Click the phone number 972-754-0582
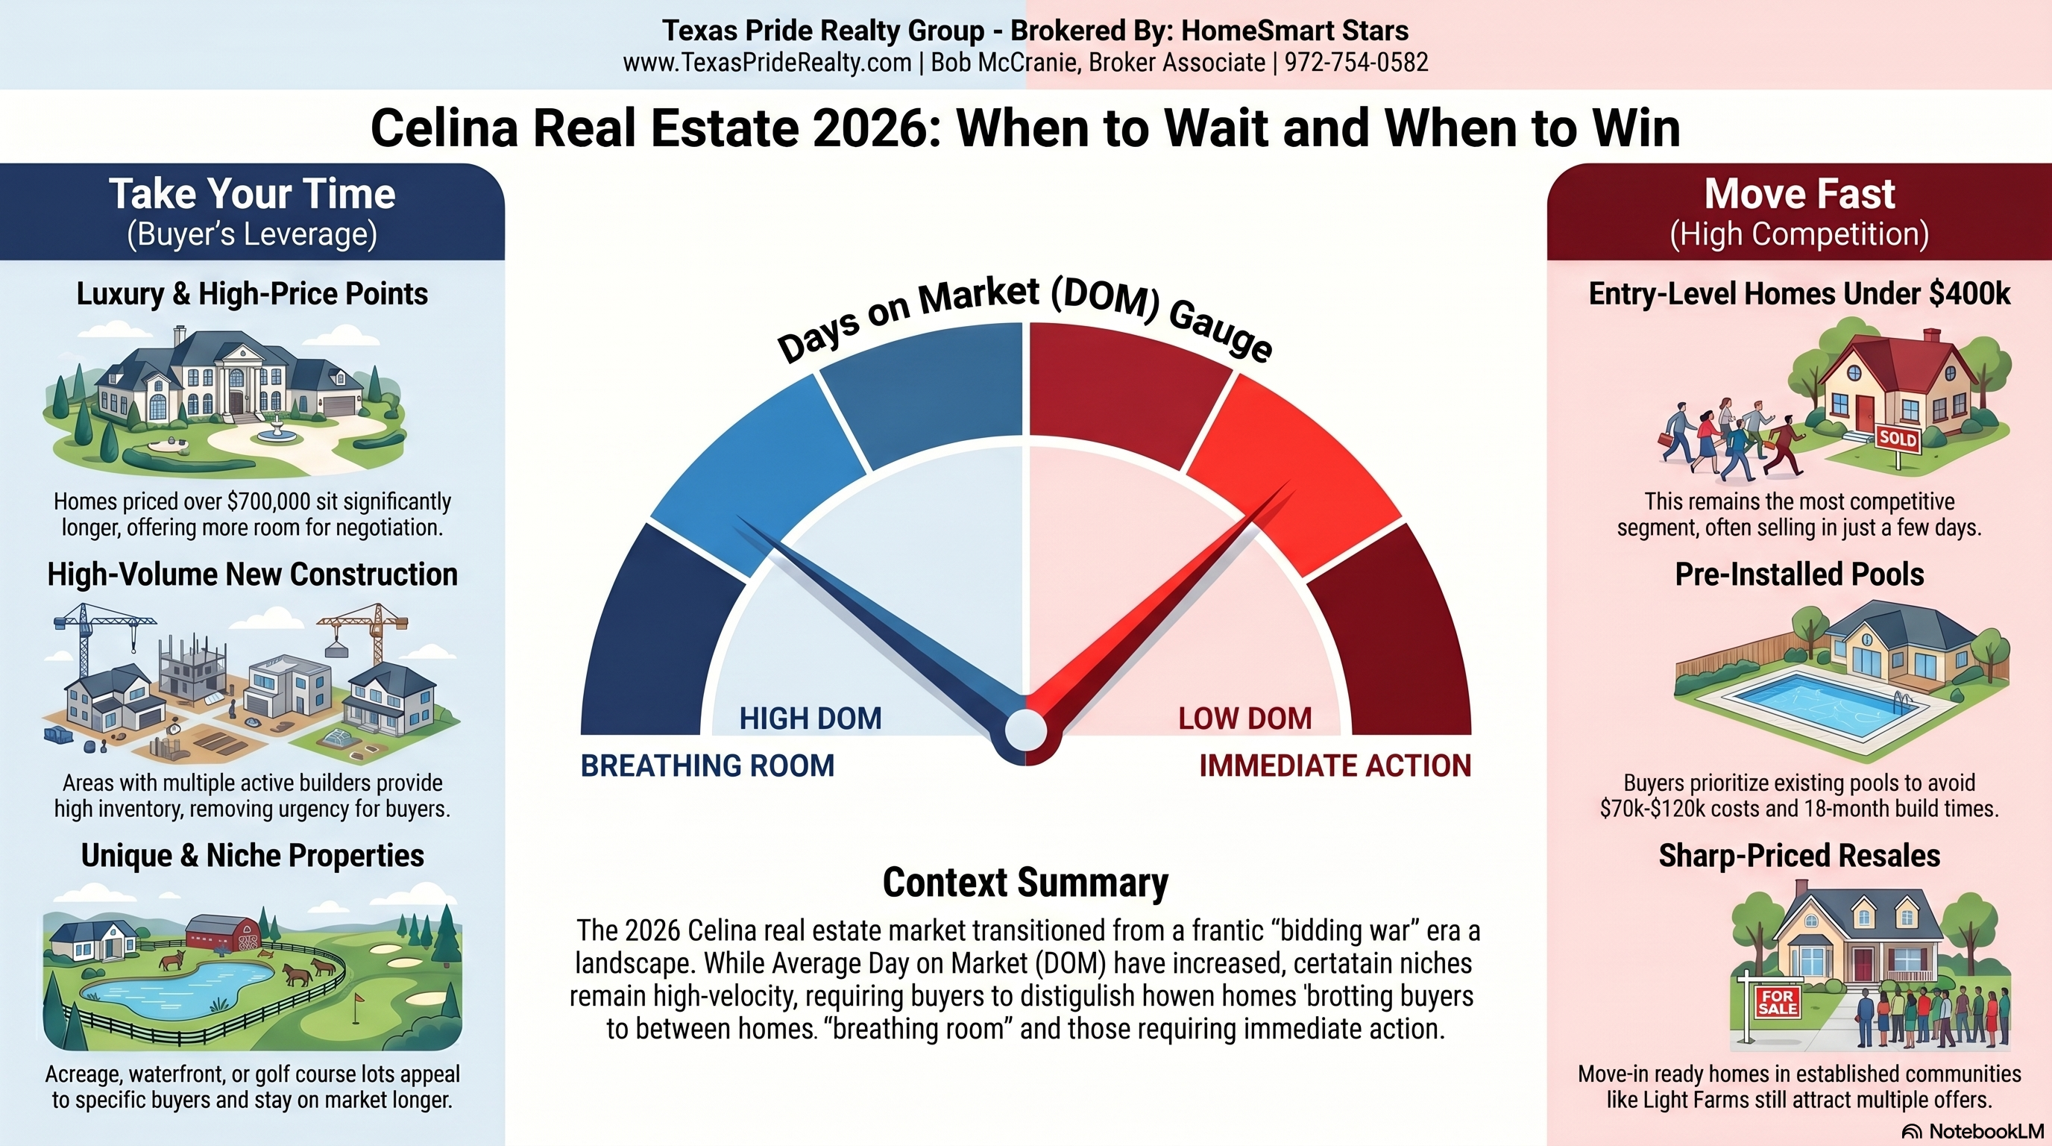(x=1356, y=62)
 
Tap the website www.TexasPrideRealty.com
(x=767, y=62)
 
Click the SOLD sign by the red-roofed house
(x=1898, y=437)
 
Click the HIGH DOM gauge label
(x=810, y=718)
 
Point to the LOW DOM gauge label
(x=1245, y=718)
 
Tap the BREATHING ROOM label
(x=708, y=765)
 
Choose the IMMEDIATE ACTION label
(x=1335, y=765)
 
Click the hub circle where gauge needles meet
(x=1025, y=730)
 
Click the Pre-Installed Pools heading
(x=1799, y=574)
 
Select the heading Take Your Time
(x=252, y=194)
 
